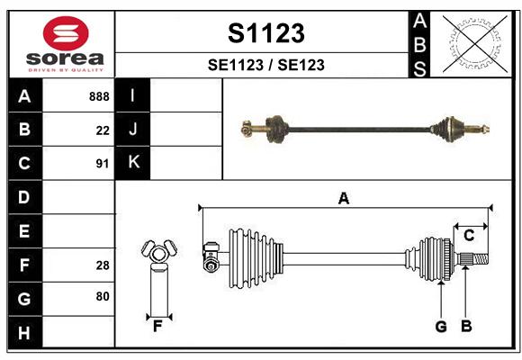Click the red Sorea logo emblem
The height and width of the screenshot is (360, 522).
(x=66, y=33)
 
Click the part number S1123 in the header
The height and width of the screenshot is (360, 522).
(x=266, y=33)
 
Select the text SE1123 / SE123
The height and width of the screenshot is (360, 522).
(x=266, y=65)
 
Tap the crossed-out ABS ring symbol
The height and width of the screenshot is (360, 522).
(x=475, y=43)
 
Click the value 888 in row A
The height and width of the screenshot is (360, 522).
(x=99, y=96)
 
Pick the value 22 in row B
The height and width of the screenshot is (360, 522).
(x=103, y=130)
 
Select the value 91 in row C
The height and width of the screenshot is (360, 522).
(x=103, y=164)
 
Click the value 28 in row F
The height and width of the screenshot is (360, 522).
(x=103, y=265)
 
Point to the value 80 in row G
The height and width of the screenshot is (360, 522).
(x=103, y=296)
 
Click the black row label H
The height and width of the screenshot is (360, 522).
(x=25, y=332)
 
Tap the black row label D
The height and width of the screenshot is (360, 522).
(x=25, y=197)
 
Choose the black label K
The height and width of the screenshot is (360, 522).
(x=133, y=163)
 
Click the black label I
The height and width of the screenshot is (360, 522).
(x=133, y=95)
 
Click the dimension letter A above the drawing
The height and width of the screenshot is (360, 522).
(x=344, y=199)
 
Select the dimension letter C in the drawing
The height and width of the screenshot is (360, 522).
(x=469, y=236)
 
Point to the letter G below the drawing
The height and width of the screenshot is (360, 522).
(x=441, y=327)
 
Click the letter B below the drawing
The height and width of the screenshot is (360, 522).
(x=466, y=326)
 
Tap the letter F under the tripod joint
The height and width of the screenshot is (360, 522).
(x=157, y=327)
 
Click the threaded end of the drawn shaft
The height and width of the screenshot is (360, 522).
(x=481, y=259)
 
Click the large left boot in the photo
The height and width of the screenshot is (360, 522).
(x=276, y=130)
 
